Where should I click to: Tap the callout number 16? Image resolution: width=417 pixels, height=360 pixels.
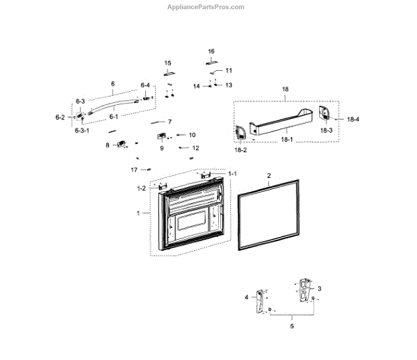coord(211,51)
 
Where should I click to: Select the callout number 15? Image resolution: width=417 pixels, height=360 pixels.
coord(167,63)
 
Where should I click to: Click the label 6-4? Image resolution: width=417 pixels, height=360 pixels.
coord(145,85)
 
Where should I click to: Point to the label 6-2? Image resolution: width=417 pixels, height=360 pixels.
coord(60,117)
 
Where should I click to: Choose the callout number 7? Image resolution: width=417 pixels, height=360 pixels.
coord(169,122)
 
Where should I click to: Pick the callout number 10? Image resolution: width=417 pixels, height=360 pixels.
coord(192,135)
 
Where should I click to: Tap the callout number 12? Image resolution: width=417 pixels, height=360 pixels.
coord(195,148)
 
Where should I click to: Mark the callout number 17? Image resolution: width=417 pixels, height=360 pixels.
coord(134,170)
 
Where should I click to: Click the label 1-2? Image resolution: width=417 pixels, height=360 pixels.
coord(141,188)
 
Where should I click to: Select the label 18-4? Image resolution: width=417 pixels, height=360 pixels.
coord(353,120)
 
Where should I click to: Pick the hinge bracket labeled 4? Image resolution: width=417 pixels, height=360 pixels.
coord(263,300)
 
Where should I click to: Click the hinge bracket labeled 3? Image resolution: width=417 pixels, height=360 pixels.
coord(304,291)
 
